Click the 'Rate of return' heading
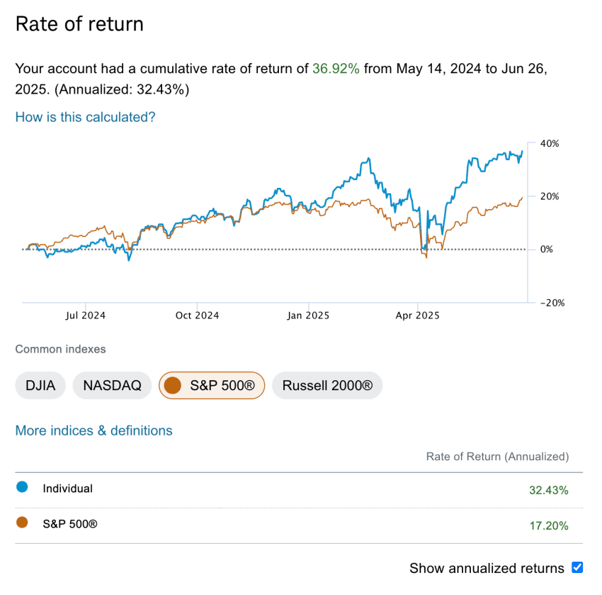tap(79, 24)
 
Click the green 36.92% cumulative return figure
tap(336, 69)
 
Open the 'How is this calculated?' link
tap(85, 117)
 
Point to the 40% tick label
tap(550, 143)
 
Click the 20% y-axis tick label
tap(550, 196)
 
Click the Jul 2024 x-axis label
tap(84, 315)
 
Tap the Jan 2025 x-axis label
tap(308, 315)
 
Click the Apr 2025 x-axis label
tap(418, 315)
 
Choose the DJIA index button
tap(40, 386)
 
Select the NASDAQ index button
tap(112, 386)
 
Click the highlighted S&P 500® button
tap(212, 386)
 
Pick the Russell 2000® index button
tap(327, 386)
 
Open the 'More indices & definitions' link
tap(93, 430)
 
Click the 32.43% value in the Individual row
tap(548, 490)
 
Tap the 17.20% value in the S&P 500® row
tap(548, 526)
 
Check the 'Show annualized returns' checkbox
tap(577, 567)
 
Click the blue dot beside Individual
tap(22, 487)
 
